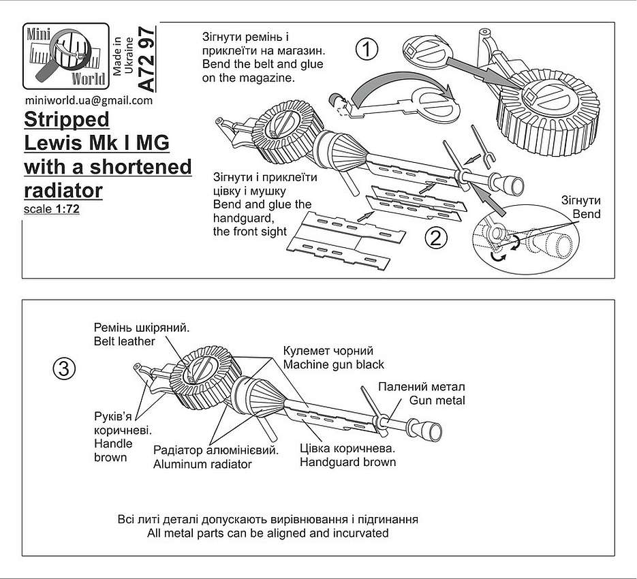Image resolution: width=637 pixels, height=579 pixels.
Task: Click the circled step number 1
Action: point(367,50)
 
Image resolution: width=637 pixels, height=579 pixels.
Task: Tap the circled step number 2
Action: point(435,238)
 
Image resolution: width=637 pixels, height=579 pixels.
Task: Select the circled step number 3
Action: point(64,370)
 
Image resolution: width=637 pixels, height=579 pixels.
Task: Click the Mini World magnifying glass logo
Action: point(66,56)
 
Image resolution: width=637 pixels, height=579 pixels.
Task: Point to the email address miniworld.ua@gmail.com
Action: point(89,100)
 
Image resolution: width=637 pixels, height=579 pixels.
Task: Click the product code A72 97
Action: point(146,59)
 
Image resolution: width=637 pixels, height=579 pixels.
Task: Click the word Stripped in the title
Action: point(67,120)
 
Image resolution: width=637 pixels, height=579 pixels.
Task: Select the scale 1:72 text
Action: point(52,209)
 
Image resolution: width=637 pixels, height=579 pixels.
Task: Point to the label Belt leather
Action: point(124,341)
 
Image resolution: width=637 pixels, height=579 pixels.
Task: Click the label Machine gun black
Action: point(334,364)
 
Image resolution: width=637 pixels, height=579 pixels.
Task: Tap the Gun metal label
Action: point(437,401)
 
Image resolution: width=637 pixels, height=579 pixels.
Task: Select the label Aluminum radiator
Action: point(202,464)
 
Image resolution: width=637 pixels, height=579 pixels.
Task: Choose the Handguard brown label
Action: point(347,462)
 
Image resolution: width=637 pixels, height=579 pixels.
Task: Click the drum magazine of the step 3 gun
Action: point(202,378)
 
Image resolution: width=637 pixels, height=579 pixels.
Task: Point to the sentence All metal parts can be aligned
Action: point(268,533)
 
